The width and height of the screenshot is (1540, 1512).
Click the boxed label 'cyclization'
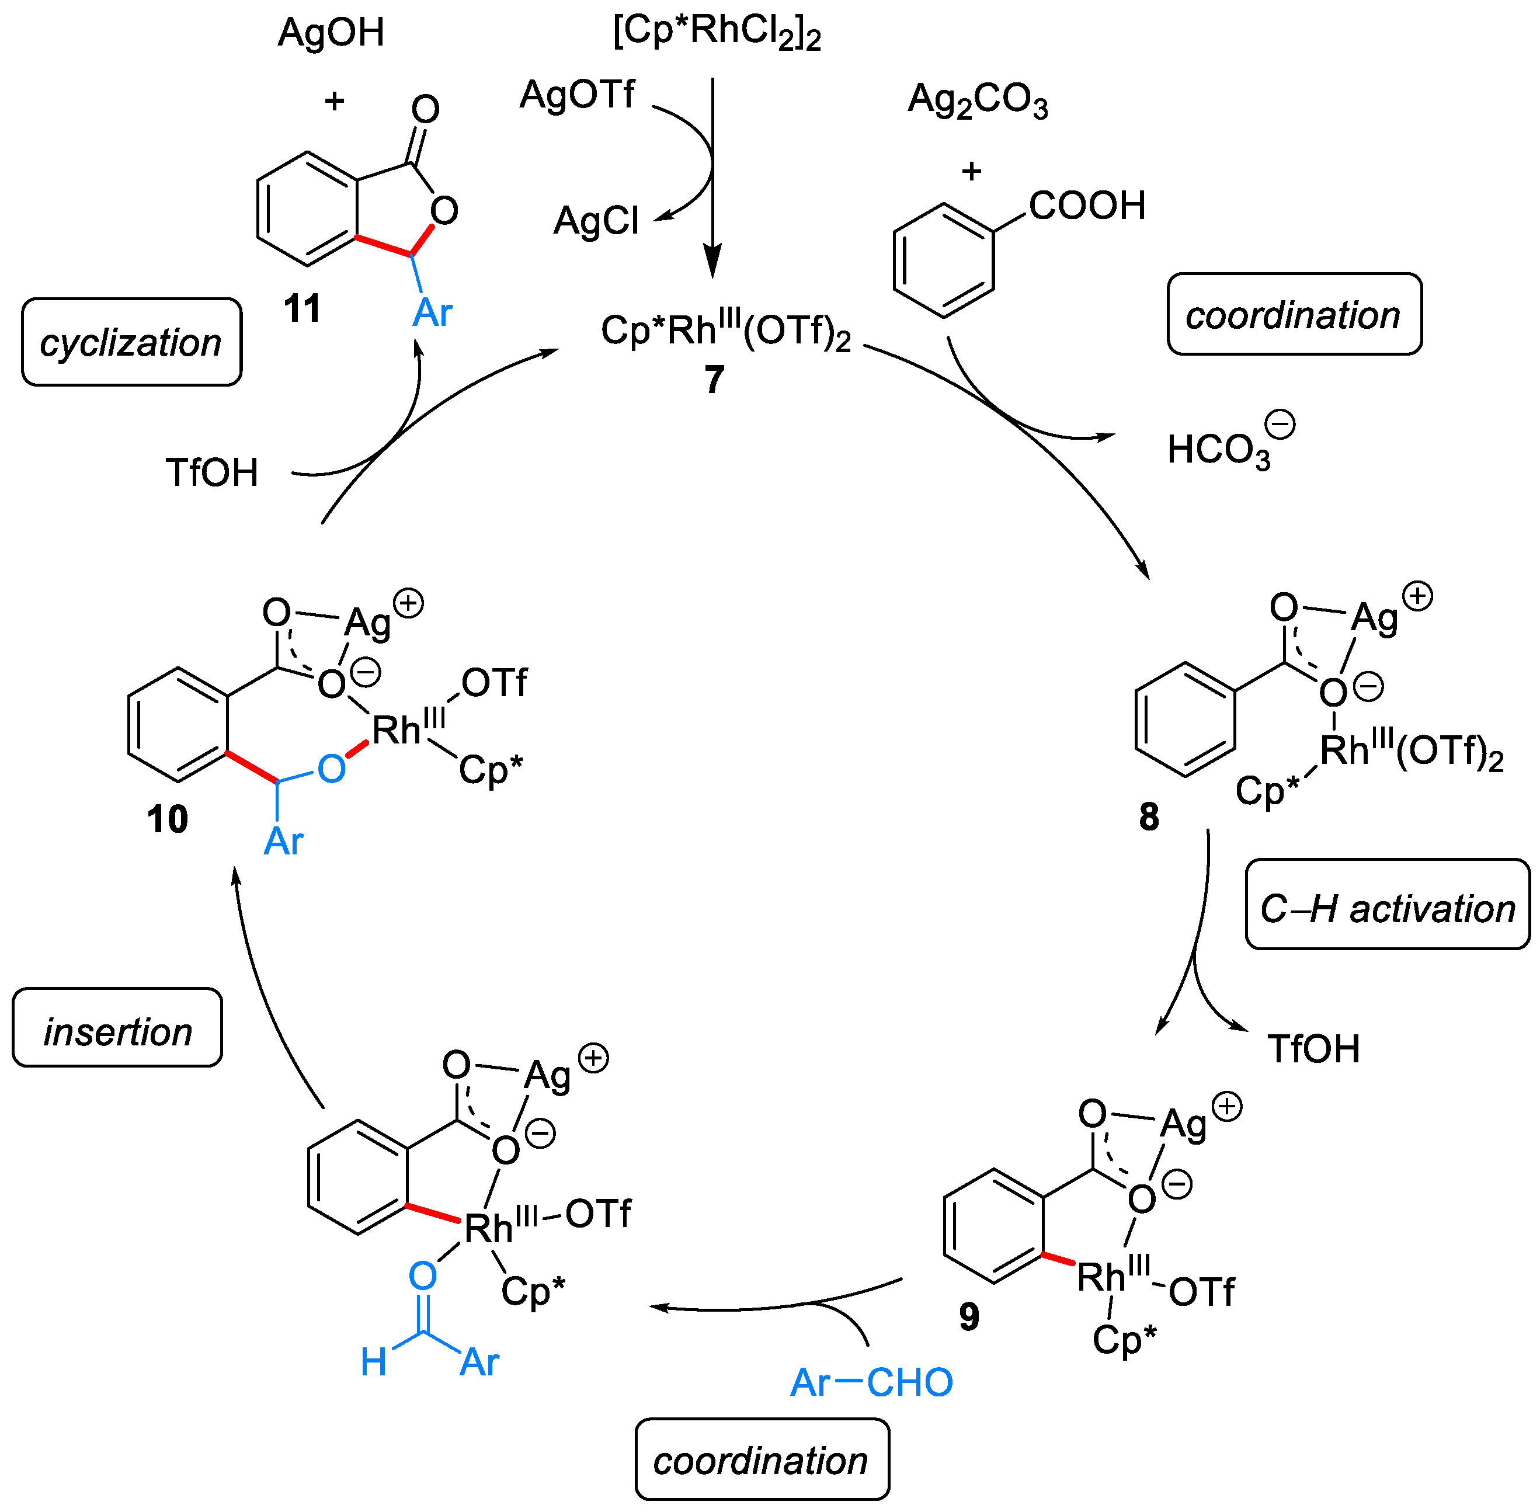tap(131, 342)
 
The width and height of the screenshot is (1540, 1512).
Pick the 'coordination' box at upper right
tap(1293, 314)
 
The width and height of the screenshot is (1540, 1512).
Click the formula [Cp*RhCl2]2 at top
tap(717, 33)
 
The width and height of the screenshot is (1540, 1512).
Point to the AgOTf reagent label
tap(578, 95)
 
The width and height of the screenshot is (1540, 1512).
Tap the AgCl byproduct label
tap(596, 221)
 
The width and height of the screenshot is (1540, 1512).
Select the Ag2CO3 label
tap(977, 101)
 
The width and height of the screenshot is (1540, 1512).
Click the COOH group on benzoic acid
tap(1086, 206)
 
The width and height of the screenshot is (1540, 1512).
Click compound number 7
tap(714, 380)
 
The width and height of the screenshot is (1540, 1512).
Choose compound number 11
tap(302, 308)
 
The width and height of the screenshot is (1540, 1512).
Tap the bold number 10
tap(168, 819)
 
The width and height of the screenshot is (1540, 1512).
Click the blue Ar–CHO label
tap(871, 1382)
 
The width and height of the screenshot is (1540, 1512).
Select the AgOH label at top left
tap(331, 33)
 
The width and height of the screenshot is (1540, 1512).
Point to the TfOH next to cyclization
tap(212, 472)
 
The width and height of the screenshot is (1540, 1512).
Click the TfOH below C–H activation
tap(1313, 1048)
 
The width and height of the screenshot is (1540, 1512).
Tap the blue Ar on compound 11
tap(432, 313)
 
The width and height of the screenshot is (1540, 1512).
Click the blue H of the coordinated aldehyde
tap(373, 1362)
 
